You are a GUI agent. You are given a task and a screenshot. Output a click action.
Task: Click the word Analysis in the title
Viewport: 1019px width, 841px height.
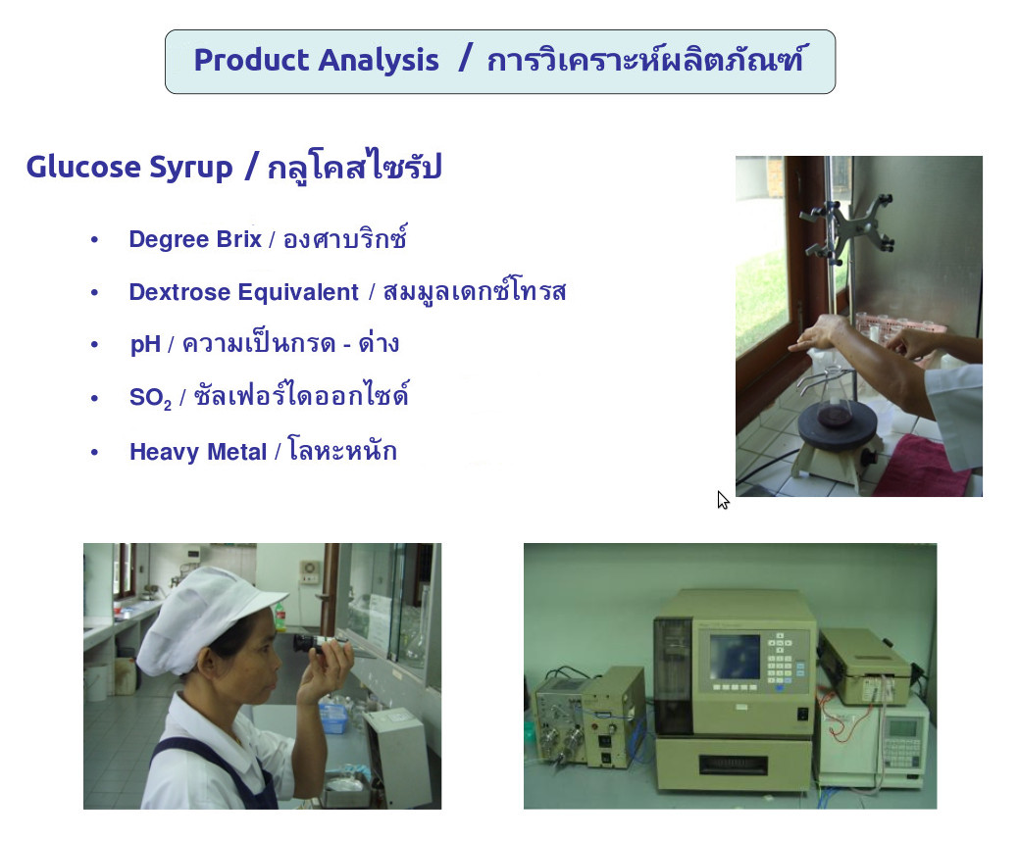pos(379,61)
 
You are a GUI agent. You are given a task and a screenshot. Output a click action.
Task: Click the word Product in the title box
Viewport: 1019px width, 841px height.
pos(251,60)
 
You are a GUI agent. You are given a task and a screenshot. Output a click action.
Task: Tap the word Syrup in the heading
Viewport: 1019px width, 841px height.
pos(191,169)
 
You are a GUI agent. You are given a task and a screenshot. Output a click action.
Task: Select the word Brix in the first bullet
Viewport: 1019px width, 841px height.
pos(238,239)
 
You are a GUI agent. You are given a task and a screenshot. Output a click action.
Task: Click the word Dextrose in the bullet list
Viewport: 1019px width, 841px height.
pos(179,292)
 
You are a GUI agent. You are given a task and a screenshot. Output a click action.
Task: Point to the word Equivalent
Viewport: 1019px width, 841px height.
pos(297,292)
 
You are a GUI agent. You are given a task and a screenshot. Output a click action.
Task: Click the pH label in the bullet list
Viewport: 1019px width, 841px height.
pos(145,344)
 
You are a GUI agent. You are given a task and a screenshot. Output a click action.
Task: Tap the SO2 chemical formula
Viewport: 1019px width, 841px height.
pos(150,397)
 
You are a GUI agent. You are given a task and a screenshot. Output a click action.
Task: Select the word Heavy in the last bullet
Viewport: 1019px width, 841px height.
pos(166,452)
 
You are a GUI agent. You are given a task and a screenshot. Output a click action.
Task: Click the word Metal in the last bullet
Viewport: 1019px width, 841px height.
pos(238,451)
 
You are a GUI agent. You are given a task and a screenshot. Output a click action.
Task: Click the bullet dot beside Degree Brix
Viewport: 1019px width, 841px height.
pos(95,239)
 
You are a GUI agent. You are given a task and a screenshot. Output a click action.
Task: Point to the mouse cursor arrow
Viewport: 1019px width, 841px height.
pos(723,499)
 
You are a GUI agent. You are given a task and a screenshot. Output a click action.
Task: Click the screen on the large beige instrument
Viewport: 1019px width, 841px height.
pos(735,657)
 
